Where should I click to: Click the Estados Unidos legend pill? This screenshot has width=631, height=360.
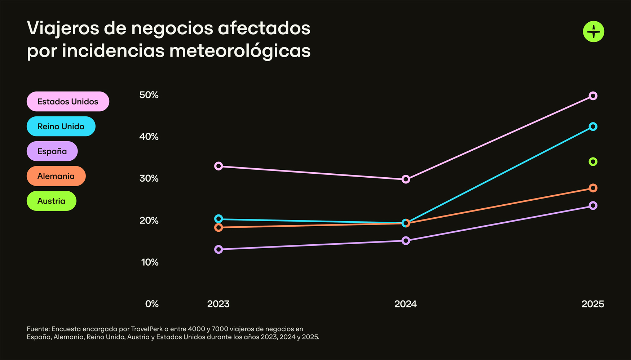tap(68, 102)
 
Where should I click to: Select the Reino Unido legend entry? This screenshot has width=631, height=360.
tap(61, 126)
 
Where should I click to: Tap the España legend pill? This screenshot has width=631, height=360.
tap(52, 151)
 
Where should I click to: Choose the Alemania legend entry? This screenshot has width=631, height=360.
tap(56, 176)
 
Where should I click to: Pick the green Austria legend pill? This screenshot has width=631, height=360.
tap(51, 201)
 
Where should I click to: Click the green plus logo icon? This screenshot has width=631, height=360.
tap(594, 32)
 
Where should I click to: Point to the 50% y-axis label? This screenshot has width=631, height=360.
tap(149, 95)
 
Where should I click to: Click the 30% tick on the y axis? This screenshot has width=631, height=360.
tap(149, 178)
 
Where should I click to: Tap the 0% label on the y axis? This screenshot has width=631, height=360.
tap(152, 304)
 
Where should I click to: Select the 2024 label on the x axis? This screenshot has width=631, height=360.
tap(405, 304)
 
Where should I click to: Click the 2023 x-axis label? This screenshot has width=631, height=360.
tap(218, 304)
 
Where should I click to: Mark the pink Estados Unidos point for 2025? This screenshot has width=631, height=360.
tap(593, 96)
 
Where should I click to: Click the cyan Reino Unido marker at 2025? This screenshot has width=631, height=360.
tap(593, 126)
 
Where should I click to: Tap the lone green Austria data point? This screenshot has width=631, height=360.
tap(593, 162)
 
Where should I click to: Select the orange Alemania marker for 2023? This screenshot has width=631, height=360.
tap(219, 227)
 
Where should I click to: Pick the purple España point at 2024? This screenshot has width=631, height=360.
tap(406, 240)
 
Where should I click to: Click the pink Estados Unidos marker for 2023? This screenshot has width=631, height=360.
tap(219, 166)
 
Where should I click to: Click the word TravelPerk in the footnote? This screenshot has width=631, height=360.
tap(147, 329)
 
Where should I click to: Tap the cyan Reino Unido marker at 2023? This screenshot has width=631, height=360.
tap(219, 219)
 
